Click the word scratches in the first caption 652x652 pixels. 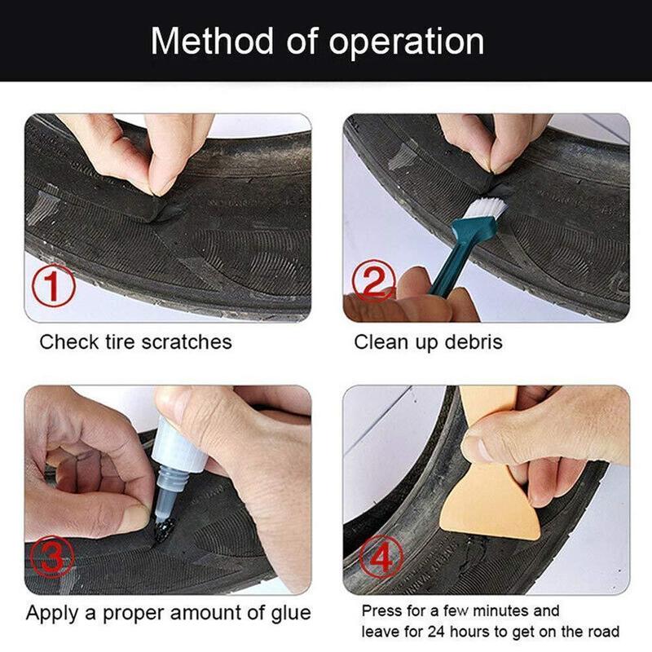(187, 341)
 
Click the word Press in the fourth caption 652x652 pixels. (381, 610)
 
